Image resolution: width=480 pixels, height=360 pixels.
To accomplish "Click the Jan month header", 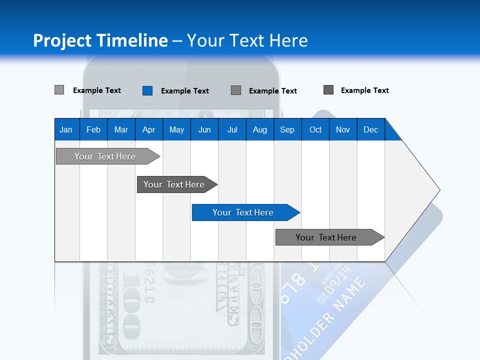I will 66,129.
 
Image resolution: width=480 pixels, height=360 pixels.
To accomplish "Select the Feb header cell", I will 93,129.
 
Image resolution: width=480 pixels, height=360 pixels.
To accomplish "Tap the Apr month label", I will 148,129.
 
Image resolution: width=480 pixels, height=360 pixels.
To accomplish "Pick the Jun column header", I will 204,129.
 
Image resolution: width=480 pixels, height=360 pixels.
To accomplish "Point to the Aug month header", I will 259,129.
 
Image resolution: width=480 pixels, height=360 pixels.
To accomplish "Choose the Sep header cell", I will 287,129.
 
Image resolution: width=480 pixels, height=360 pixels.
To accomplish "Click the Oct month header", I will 315,129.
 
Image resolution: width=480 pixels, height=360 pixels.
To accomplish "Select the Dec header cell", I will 370,129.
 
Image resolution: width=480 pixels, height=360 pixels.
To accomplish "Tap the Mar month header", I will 121,129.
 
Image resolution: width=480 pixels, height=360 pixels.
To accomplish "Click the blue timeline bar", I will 243,212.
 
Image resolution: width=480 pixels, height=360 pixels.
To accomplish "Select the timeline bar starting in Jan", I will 105,156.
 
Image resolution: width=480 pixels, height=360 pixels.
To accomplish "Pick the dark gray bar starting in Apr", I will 174,184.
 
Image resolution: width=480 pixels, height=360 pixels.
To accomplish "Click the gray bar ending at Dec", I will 326,237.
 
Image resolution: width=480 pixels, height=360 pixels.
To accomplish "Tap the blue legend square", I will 147,90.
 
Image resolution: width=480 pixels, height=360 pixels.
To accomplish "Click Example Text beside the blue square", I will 185,91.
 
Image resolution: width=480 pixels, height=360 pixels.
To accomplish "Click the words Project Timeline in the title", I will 100,40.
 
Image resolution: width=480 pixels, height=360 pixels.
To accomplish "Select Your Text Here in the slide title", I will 247,40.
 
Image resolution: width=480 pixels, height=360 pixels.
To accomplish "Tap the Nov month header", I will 342,129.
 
